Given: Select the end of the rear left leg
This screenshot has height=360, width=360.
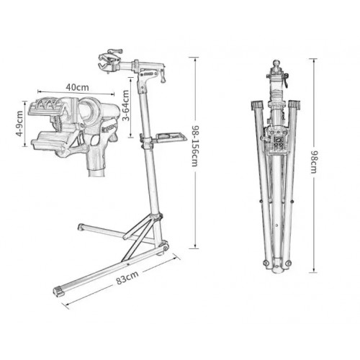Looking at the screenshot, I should [x=80, y=229].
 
